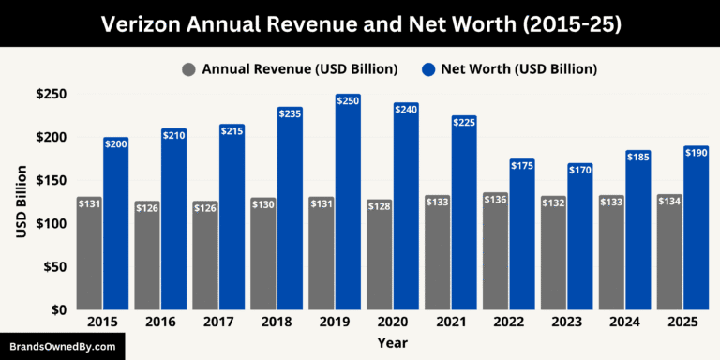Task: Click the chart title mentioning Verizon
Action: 360,23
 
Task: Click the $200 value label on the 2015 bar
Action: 115,144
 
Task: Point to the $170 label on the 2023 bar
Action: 554,171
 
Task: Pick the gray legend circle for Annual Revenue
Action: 188,69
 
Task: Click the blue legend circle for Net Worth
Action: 429,69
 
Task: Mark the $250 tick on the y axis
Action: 50,95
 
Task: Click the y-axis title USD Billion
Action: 21,202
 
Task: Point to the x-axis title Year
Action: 392,343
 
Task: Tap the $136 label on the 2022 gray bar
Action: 496,199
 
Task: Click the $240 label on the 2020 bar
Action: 406,110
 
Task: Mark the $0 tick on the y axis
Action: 57,309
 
